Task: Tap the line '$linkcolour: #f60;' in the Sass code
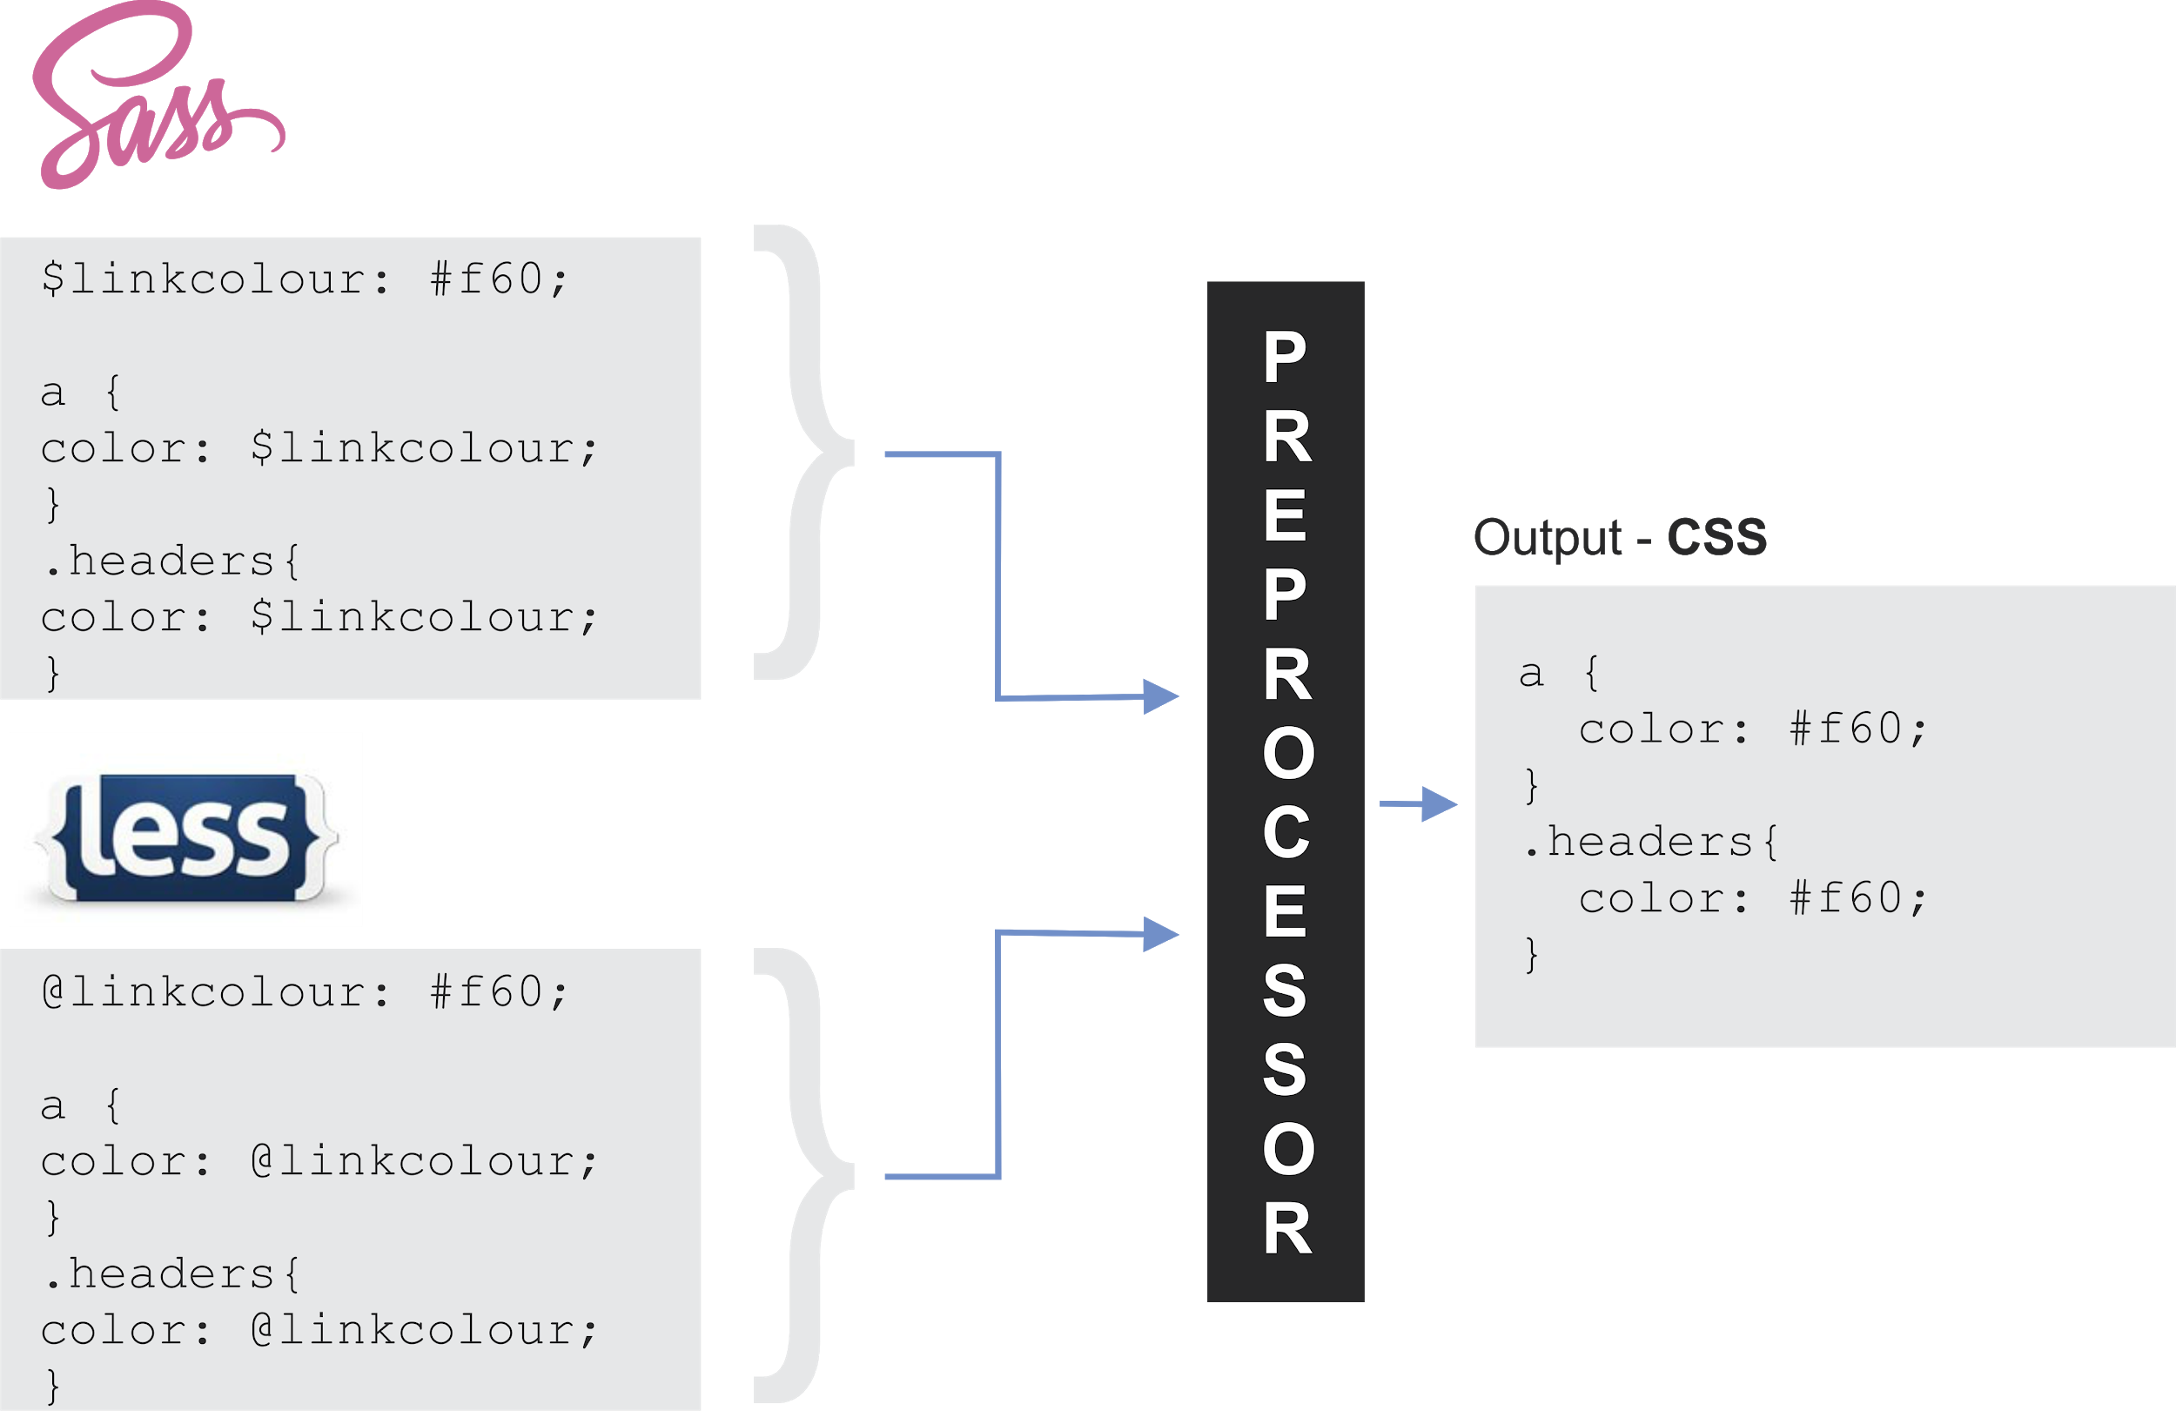coord(305,279)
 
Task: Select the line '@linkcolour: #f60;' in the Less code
coord(305,992)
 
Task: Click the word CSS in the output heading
coord(1716,537)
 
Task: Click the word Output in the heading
coord(1547,538)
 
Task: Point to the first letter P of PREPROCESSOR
coord(1285,358)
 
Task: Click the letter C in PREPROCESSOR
coord(1286,833)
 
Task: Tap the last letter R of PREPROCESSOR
coord(1287,1229)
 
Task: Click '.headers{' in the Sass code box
coord(171,561)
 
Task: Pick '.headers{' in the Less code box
coord(171,1274)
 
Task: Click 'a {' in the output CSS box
coord(1558,674)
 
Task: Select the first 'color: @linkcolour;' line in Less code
coord(319,1161)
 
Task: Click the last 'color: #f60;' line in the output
coord(1752,898)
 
